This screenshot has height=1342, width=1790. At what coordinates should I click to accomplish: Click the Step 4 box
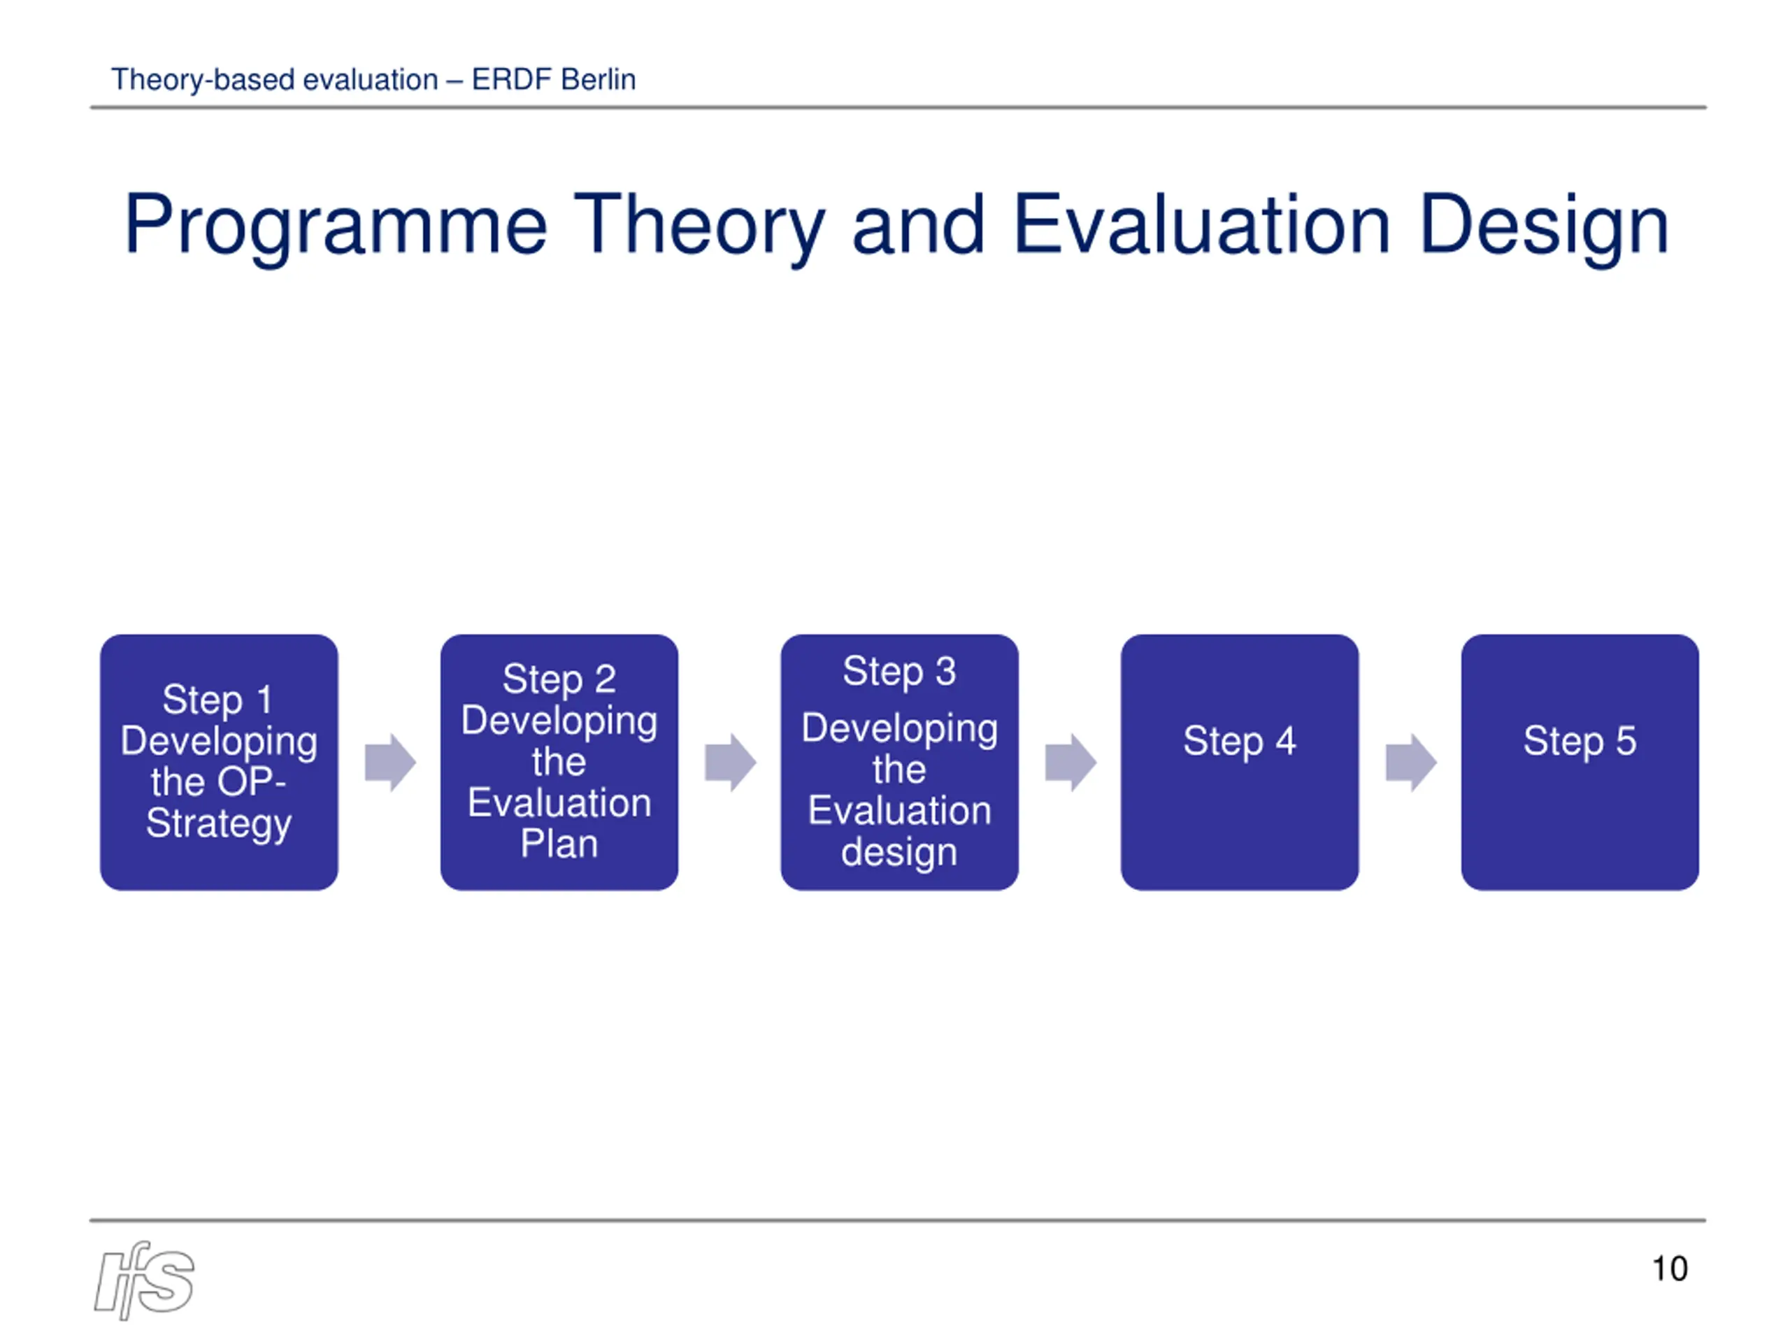point(1239,762)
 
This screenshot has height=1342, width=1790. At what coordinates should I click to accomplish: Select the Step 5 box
point(1580,762)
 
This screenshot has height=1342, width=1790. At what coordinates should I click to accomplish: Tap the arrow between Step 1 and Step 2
point(390,762)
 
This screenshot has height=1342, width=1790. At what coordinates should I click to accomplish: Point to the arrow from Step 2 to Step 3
point(731,762)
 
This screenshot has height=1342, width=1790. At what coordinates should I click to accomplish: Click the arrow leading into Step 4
point(1071,762)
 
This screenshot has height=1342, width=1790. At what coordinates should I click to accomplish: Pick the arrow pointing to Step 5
point(1411,762)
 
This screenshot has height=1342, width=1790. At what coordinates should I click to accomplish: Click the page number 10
point(1670,1269)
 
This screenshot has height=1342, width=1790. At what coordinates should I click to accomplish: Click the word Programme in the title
point(336,226)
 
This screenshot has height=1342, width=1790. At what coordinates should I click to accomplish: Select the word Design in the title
point(1544,226)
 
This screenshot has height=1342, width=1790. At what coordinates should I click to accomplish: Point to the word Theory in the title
point(700,226)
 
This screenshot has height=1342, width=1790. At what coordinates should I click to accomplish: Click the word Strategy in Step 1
point(218,824)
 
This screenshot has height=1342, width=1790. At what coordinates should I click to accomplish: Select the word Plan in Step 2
point(559,844)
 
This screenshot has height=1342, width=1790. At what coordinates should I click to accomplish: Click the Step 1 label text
point(217,700)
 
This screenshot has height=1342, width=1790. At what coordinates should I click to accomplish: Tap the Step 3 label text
point(899,672)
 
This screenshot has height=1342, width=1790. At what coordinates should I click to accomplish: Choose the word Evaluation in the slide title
point(1202,226)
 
